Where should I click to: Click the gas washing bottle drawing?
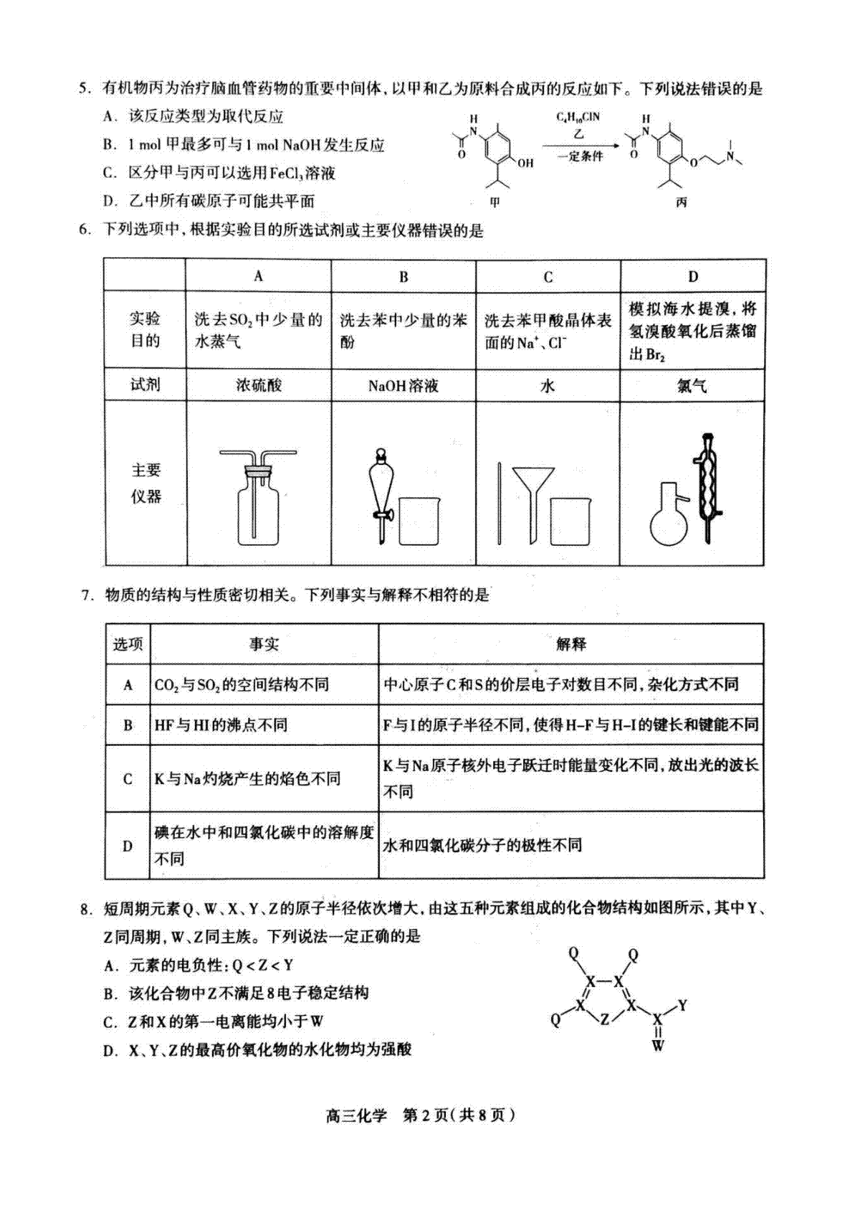tap(259, 497)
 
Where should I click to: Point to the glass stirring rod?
tap(500, 503)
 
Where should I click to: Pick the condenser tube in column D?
tap(707, 488)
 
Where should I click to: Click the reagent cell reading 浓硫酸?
tap(259, 385)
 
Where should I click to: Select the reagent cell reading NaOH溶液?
tap(403, 386)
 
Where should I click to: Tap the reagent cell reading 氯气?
tap(692, 386)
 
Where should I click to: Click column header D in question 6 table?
tap(693, 276)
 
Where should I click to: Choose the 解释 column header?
tap(571, 644)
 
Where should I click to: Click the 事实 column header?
tap(264, 644)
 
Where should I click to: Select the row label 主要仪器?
tap(145, 483)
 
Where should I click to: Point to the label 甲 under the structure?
tap(495, 202)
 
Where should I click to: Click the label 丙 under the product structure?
tap(682, 202)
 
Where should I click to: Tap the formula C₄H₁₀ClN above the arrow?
tap(578, 118)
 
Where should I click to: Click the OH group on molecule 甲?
tap(525, 163)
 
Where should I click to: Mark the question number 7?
tap(86, 595)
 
